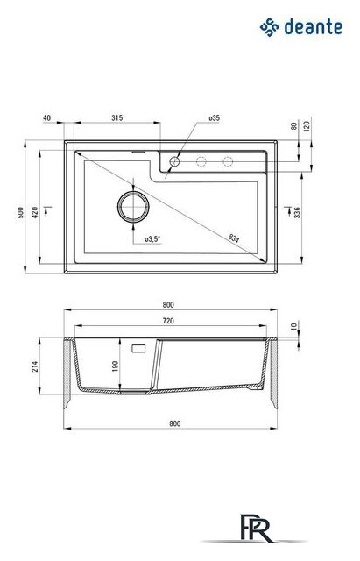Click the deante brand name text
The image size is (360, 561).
[x=314, y=27]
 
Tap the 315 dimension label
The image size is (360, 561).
[x=116, y=117]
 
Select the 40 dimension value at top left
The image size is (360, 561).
[x=46, y=117]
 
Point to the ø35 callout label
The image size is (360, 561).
[x=214, y=117]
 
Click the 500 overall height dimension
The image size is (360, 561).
[x=20, y=212]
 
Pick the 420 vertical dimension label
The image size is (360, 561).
[x=35, y=212]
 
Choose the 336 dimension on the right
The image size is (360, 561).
[x=297, y=212]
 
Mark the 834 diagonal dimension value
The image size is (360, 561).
[x=234, y=238]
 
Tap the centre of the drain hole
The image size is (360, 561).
[x=133, y=207]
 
